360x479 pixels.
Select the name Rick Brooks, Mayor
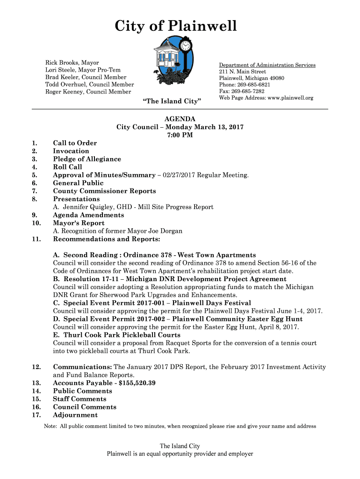coord(72,63)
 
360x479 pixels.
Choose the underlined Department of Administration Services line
coord(267,65)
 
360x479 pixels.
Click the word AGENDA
coord(180,119)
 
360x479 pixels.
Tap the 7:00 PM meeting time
coord(180,135)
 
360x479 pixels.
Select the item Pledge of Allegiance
coord(87,159)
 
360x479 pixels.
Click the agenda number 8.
coord(35,199)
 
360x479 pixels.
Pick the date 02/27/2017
coord(177,175)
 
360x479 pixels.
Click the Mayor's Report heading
coord(79,223)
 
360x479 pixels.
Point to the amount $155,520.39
coord(137,383)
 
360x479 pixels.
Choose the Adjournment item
coord(75,415)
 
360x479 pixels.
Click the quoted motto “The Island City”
coord(171,102)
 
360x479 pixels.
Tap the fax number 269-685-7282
coord(247,91)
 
